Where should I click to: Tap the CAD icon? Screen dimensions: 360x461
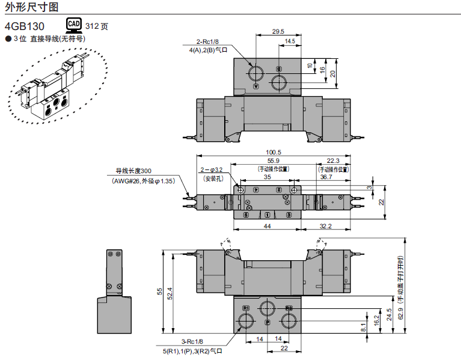coord(73,25)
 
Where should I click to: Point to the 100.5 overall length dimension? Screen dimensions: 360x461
coord(273,152)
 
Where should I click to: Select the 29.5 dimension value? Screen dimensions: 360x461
coord(278,31)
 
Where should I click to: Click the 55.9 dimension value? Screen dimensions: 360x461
coord(273,160)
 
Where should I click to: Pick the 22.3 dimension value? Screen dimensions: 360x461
coord(334,160)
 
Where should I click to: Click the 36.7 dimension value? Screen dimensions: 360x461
coord(326,177)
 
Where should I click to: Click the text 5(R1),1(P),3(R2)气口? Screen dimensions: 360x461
coord(192,350)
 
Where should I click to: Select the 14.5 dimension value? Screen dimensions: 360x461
coord(290,41)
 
